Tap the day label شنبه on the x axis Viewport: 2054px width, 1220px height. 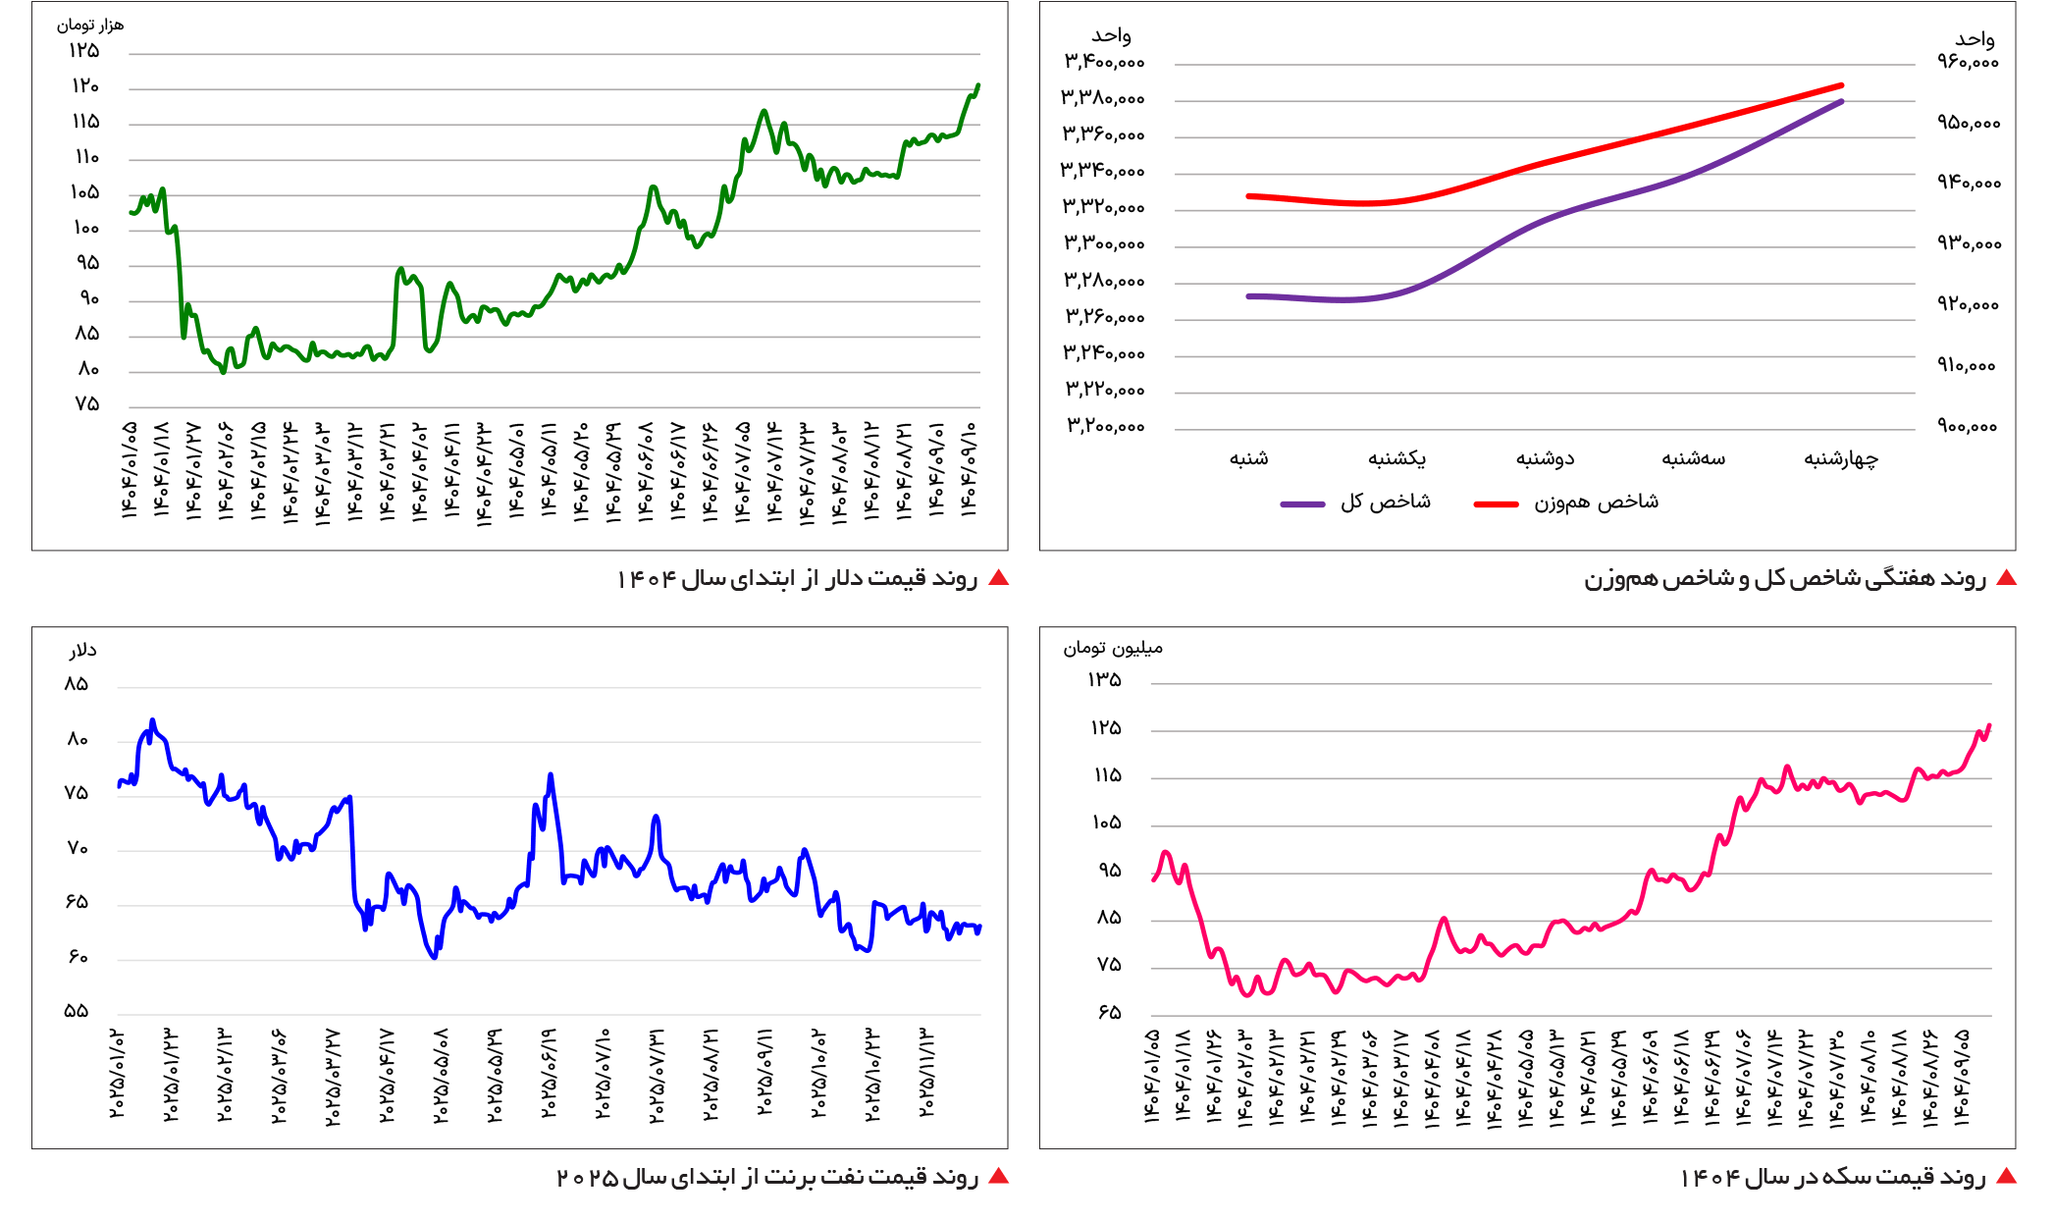pos(1248,458)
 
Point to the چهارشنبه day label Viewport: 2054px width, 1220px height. pos(1841,458)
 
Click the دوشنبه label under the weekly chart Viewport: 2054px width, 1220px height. pos(1545,458)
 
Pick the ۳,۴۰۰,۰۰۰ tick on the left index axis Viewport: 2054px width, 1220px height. pos(1104,62)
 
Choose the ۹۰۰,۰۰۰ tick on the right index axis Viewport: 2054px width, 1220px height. pos(1968,426)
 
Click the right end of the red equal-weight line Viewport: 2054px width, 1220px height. pos(1841,85)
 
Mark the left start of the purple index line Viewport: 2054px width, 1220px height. pos(1249,295)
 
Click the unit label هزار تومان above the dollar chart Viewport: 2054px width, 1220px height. pos(89,26)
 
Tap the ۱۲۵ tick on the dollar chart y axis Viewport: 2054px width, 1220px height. pos(84,51)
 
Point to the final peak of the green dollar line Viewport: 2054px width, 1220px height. pos(977,85)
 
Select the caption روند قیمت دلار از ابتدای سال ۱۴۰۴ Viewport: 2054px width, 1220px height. pos(797,578)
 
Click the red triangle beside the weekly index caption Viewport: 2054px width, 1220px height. pos(2006,578)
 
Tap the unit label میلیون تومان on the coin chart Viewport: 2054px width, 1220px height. pos(1113,649)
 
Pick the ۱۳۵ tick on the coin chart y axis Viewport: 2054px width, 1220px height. pos(1104,679)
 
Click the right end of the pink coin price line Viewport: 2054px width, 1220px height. pos(1988,726)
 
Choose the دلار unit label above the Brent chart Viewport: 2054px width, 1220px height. pos(82,651)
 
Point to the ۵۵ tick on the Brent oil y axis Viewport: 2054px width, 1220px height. pos(77,1011)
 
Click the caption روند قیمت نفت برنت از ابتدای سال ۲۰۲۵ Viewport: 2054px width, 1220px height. pos(767,1177)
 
